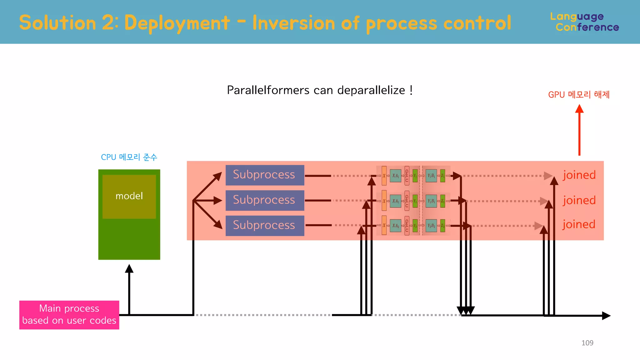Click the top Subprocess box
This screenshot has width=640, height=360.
265,175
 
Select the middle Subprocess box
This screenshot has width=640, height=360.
265,200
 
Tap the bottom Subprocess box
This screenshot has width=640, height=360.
265,225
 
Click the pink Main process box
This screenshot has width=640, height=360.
69,315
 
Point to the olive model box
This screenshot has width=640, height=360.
129,196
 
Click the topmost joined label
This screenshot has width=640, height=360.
579,175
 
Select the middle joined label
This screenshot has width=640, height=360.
579,200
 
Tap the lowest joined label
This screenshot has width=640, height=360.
579,224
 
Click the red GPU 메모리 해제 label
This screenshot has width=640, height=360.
579,94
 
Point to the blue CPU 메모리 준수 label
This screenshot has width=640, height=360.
129,157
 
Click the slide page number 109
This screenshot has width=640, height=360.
587,343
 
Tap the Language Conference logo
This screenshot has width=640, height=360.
584,22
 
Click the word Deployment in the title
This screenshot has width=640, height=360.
177,23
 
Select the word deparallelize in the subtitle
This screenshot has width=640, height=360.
371,90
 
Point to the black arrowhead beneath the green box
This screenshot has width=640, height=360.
129,269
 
